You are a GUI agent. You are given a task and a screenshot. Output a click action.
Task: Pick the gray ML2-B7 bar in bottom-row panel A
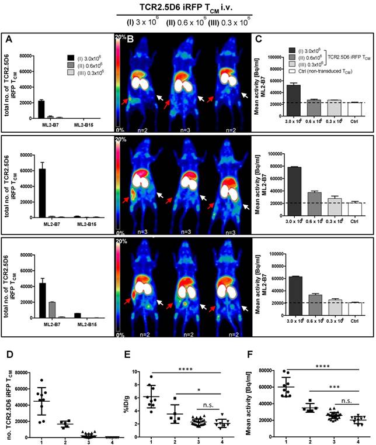tap(51, 309)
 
